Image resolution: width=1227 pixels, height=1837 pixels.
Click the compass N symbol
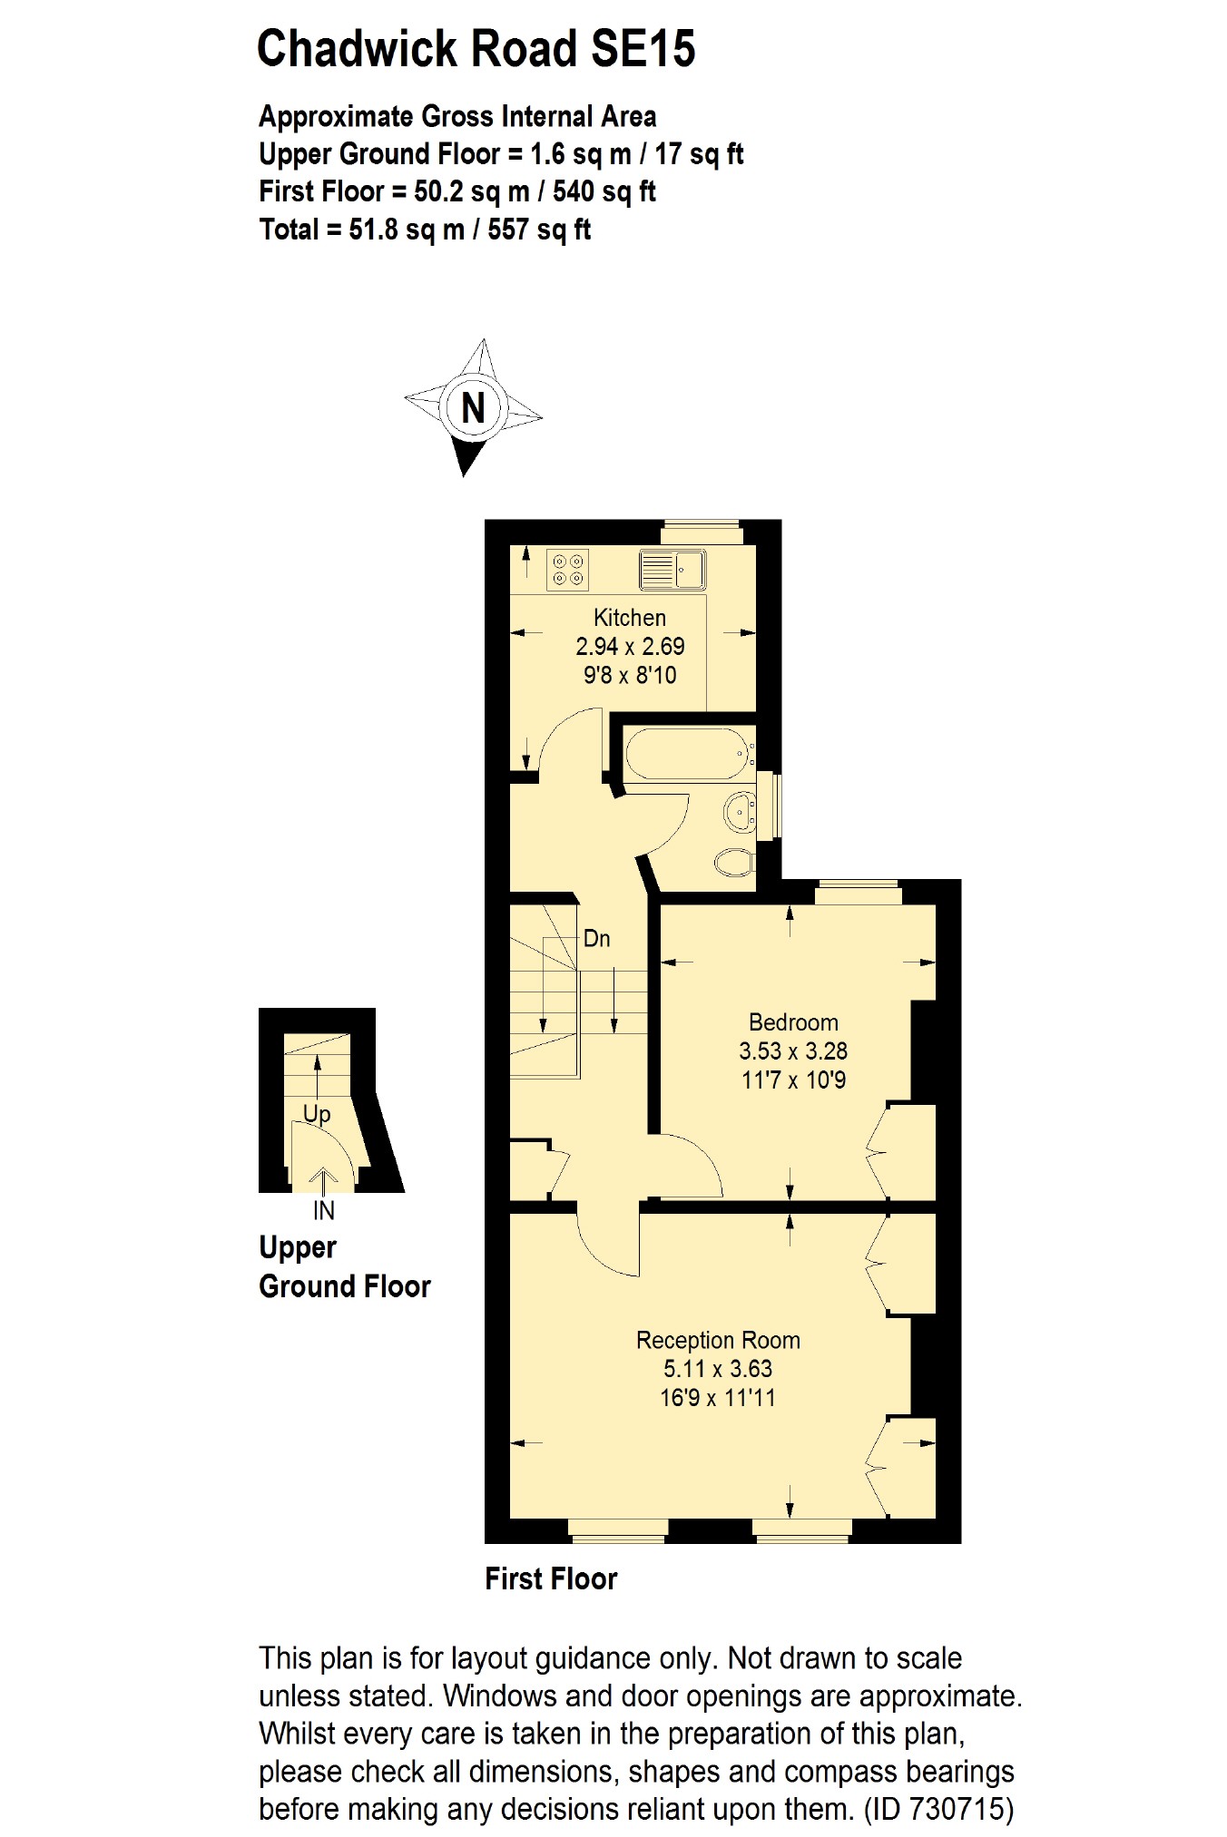tap(473, 407)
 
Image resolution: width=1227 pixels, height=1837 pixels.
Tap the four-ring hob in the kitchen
tap(568, 569)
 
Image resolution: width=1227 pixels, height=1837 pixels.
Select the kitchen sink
tap(672, 569)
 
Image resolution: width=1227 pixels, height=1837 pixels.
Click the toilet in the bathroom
tap(733, 861)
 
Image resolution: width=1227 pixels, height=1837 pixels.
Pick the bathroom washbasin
tap(741, 809)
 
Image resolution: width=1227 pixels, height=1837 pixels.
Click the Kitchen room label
tap(630, 618)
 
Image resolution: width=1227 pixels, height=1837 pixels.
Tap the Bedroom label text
tap(793, 1022)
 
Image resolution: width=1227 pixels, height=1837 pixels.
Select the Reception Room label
tap(718, 1340)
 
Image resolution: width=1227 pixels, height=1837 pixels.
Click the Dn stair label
tap(596, 938)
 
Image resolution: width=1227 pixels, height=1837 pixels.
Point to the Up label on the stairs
tap(317, 1113)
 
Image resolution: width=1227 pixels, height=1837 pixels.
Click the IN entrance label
tap(324, 1210)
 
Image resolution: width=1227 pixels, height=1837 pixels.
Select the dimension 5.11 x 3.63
tap(718, 1369)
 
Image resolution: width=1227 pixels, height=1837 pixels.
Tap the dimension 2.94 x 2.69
tap(630, 647)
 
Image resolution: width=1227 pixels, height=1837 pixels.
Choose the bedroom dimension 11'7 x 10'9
tap(793, 1080)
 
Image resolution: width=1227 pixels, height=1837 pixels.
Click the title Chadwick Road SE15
tap(476, 49)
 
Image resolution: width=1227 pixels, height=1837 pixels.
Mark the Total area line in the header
tap(425, 230)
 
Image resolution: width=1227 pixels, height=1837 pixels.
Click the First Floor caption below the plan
tap(551, 1579)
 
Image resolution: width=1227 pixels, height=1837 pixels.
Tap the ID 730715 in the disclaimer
tap(938, 1810)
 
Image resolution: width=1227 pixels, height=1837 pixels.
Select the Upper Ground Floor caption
tap(344, 1267)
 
